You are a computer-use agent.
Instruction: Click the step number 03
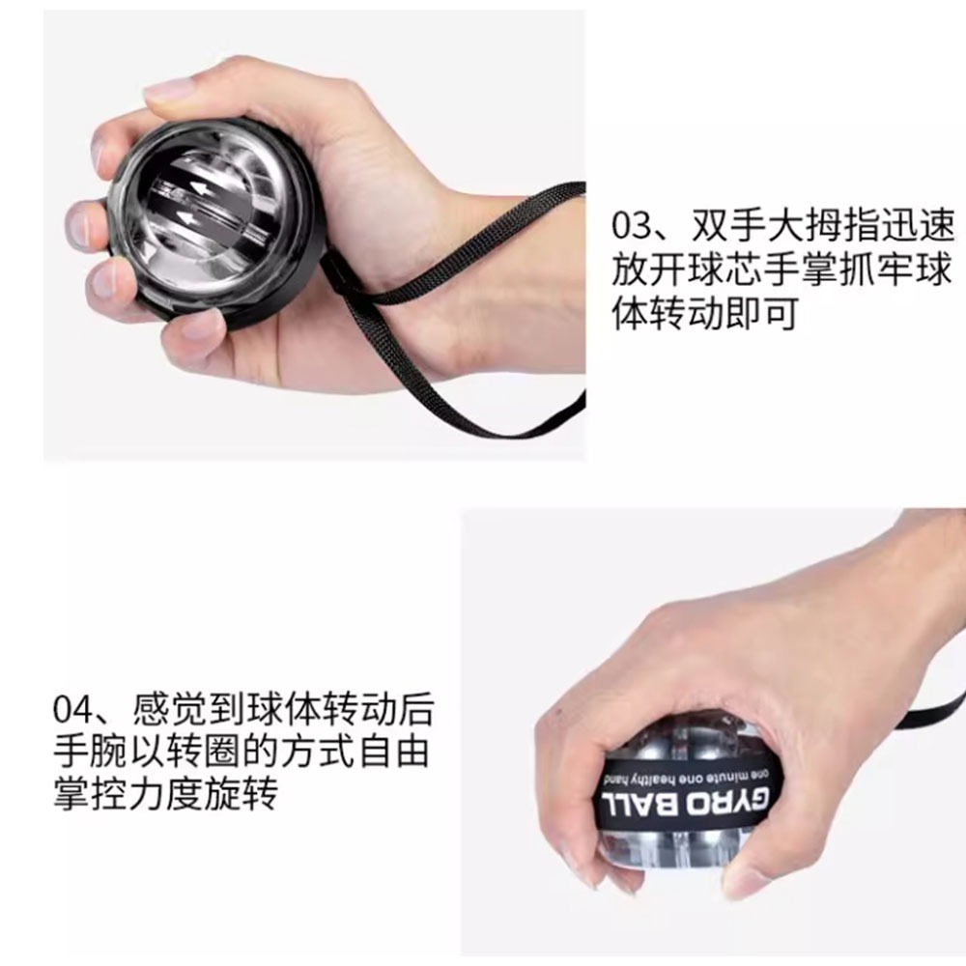[x=635, y=229]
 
